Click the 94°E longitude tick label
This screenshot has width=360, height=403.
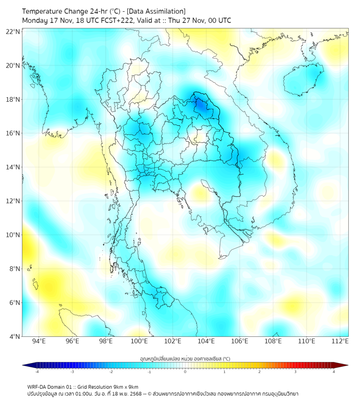(x=39, y=342)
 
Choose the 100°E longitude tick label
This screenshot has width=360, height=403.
(x=140, y=342)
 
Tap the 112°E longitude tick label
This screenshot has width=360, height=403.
(x=340, y=342)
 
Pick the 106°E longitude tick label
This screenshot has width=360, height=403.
(x=240, y=342)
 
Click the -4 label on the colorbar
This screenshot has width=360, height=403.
(x=37, y=372)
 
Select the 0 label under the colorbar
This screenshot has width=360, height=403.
(x=185, y=372)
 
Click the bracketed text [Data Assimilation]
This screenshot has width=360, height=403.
(x=155, y=11)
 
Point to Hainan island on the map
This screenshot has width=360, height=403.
(x=301, y=80)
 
